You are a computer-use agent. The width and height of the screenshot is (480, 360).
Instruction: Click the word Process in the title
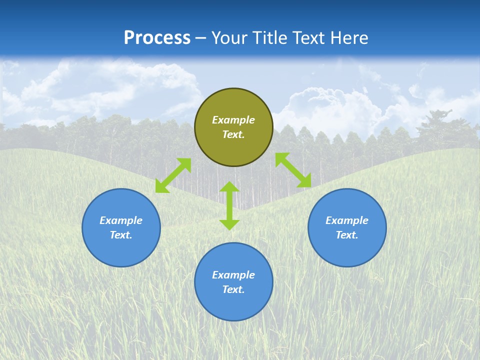click(157, 38)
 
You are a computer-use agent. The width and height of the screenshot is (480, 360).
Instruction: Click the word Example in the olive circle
click(233, 120)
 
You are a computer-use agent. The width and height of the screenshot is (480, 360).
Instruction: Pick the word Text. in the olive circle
click(233, 134)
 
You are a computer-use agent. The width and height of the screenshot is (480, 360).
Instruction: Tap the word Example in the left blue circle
click(121, 220)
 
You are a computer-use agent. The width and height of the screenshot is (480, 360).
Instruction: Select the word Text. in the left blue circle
click(121, 235)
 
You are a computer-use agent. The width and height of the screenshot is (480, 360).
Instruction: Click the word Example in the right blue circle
click(347, 220)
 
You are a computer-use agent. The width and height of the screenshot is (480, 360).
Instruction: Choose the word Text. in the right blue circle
click(347, 235)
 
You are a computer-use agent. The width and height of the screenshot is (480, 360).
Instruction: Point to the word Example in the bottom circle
click(233, 275)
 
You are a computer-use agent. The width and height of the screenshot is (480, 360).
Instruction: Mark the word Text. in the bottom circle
click(233, 289)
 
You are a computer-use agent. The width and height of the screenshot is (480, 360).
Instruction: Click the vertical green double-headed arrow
click(229, 205)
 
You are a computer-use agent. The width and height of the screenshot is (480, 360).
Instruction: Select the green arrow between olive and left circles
click(173, 175)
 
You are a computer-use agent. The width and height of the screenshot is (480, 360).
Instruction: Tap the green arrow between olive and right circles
click(293, 170)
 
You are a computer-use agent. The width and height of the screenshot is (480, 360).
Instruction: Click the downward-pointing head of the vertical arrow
click(229, 224)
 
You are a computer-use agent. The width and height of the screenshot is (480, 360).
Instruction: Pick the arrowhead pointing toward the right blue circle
click(304, 181)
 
